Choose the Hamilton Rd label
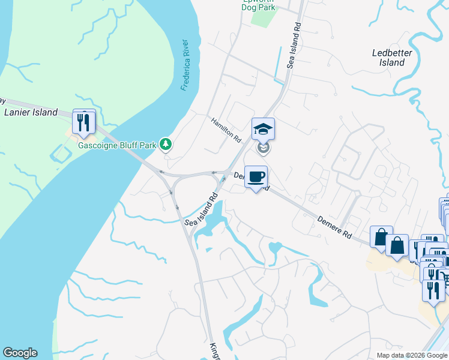click(226, 129)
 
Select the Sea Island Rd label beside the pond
click(200, 210)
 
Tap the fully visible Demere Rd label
click(334, 227)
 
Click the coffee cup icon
click(256, 176)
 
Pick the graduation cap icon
click(263, 128)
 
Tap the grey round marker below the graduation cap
click(263, 147)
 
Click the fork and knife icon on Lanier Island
click(83, 122)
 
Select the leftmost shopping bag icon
click(381, 237)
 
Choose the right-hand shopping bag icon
click(397, 245)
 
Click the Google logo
click(20, 353)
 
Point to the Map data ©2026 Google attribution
click(411, 355)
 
